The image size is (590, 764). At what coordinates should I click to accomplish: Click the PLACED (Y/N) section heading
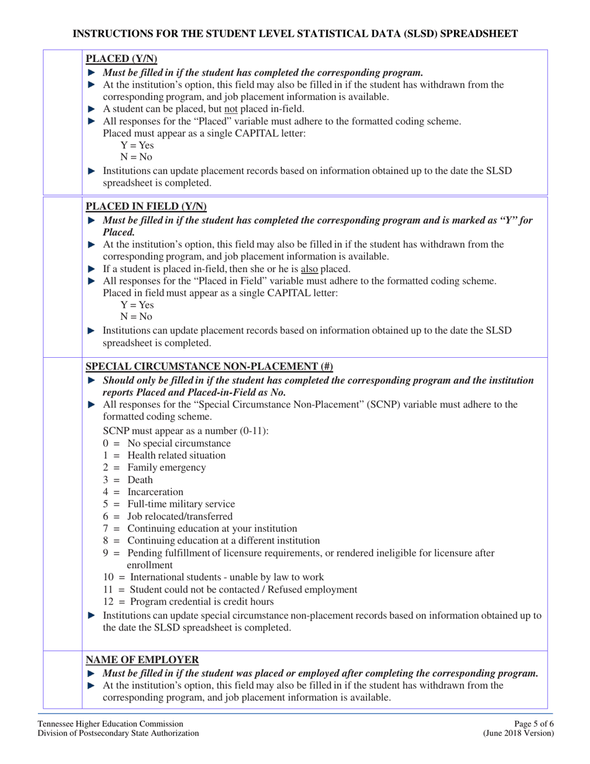[x=121, y=60]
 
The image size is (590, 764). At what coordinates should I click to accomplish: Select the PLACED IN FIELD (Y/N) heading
[x=146, y=206]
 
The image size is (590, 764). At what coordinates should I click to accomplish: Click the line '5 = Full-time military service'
[x=169, y=504]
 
